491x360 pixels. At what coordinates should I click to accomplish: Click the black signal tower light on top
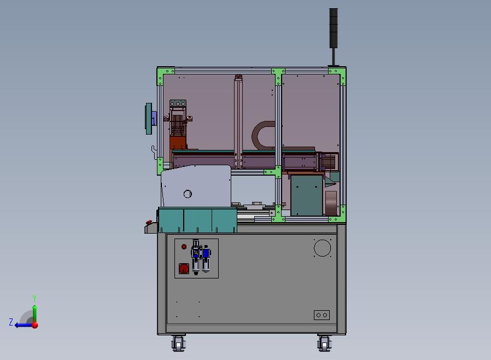334,28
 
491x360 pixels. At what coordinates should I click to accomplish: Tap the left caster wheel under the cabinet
178,344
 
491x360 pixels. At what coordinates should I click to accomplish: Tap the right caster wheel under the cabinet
324,344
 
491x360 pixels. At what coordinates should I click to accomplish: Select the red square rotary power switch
184,269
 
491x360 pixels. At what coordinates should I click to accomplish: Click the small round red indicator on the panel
184,247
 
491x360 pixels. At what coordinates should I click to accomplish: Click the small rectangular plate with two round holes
322,315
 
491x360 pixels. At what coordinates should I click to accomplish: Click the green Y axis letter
34,298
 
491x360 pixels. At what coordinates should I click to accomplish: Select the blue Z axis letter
11,322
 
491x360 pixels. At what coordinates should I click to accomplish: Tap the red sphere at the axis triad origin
35,325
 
